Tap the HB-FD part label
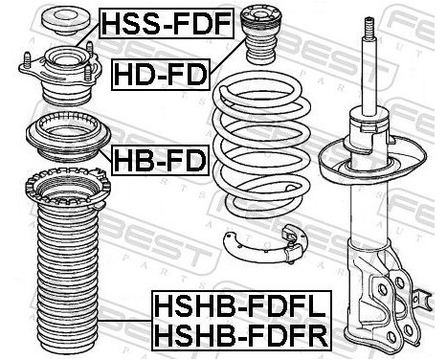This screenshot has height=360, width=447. tap(160, 159)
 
